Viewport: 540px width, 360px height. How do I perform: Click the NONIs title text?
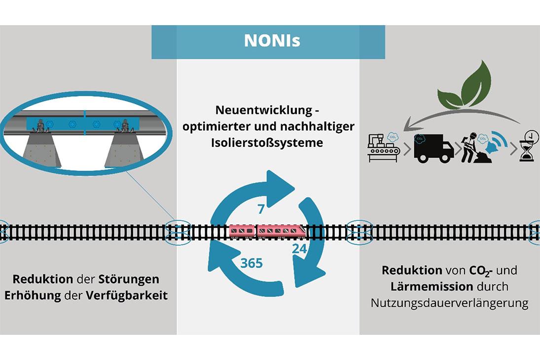tap(272, 40)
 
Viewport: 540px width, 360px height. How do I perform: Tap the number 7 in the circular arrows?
tap(261, 209)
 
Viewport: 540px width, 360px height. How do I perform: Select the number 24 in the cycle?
tap(299, 249)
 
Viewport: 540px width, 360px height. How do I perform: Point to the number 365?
tap(252, 263)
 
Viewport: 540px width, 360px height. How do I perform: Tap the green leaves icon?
tap(466, 86)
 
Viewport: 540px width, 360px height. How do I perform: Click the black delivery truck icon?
tap(433, 146)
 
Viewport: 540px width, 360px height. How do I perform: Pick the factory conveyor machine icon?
tap(383, 147)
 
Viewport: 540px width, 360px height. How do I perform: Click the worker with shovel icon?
tap(469, 147)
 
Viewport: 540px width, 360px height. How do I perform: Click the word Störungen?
tap(129, 279)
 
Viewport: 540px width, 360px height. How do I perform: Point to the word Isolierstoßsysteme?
tap(268, 143)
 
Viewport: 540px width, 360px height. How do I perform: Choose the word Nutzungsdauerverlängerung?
tap(449, 302)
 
